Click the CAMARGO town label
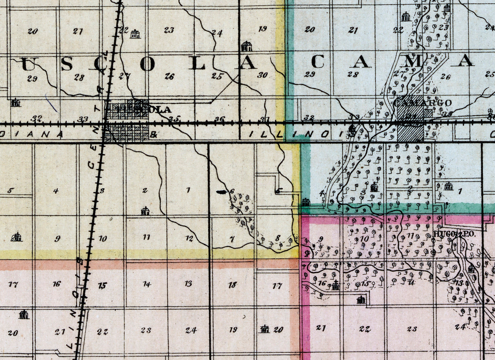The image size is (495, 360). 422,103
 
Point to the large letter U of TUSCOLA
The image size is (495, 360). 28,64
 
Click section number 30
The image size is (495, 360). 262,75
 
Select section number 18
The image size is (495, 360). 233,285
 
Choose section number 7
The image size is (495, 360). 232,239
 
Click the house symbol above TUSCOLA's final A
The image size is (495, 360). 246,46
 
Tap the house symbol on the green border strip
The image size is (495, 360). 306,202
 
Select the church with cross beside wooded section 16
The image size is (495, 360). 336,285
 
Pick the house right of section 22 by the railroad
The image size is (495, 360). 135,34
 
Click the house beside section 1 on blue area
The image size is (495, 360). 448,186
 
